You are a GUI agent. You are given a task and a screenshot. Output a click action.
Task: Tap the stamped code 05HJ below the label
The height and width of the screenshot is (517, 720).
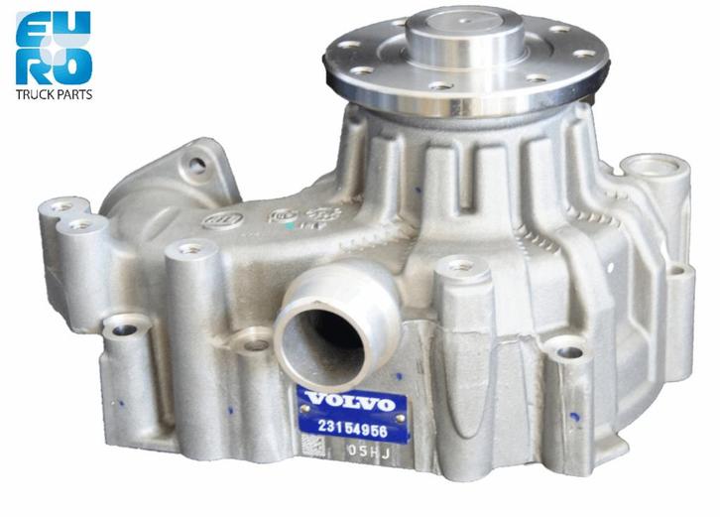pyautogui.click(x=366, y=450)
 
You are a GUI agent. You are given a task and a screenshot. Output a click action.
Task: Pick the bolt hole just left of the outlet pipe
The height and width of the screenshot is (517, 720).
pyautogui.click(x=255, y=344)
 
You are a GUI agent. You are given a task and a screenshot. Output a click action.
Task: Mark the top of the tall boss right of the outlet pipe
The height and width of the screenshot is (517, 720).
pyautogui.click(x=459, y=265)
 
